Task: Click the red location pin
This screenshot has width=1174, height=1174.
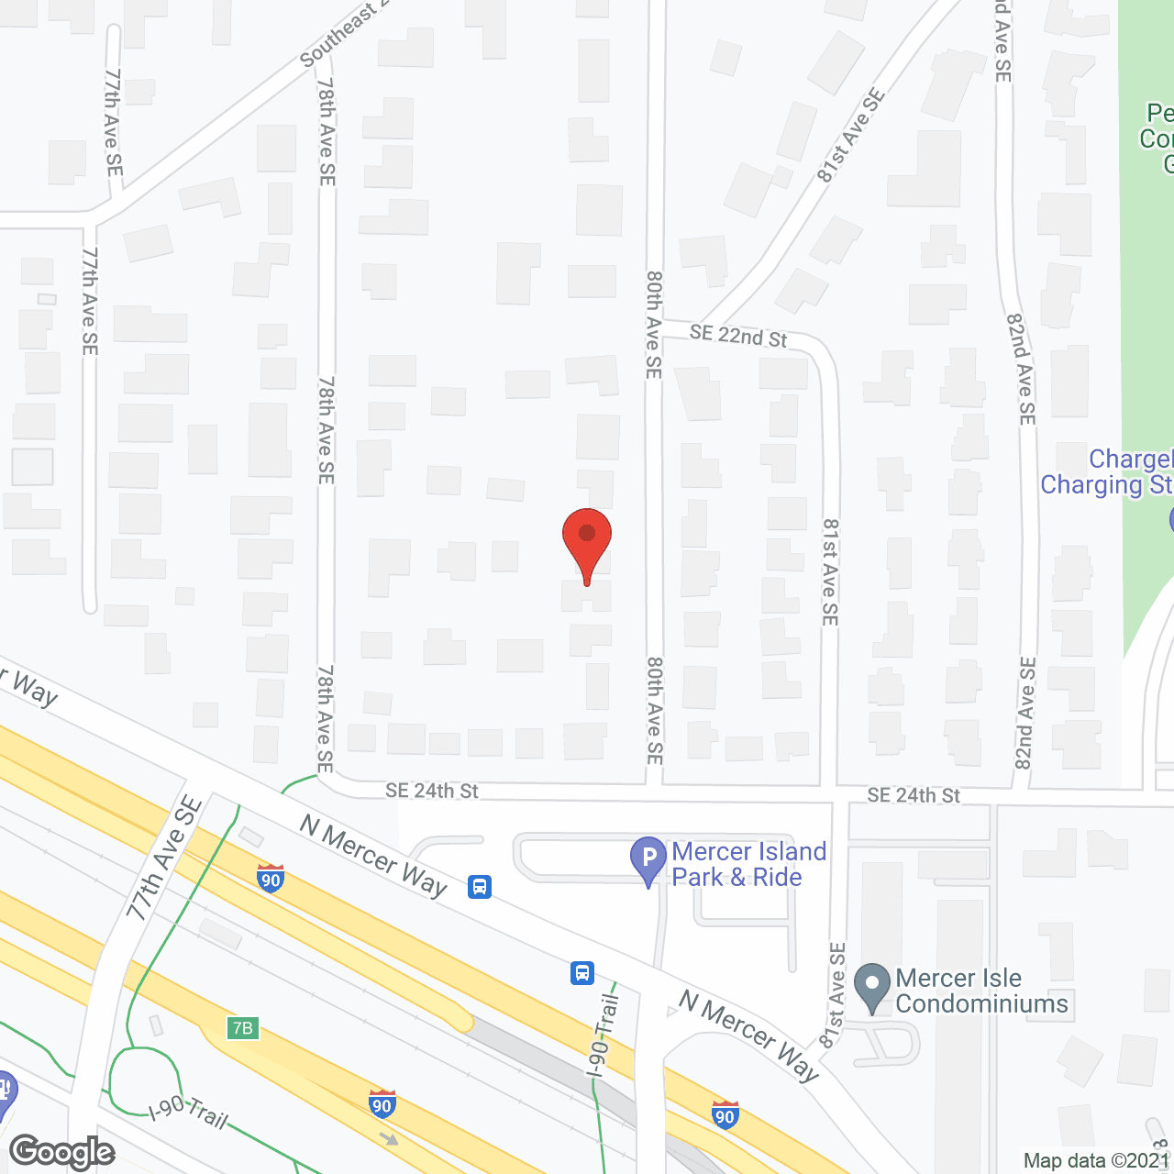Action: point(587,537)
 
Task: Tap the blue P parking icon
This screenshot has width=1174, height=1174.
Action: point(648,859)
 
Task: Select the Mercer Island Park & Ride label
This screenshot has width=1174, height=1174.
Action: point(749,865)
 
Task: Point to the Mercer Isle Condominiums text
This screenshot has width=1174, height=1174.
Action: point(981,991)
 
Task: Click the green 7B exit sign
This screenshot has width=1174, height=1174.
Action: point(242,1027)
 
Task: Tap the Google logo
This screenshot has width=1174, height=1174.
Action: point(62,1152)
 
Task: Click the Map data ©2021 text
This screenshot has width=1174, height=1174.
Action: point(1096,1161)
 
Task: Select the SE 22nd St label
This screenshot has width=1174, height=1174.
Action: point(738,336)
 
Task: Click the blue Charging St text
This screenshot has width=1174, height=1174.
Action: point(1106,484)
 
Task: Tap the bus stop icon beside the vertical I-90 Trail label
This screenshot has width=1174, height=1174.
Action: point(582,972)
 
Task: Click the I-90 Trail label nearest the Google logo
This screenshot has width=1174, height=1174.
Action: point(188,1113)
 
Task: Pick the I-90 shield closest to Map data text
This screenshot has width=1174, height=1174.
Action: point(725,1114)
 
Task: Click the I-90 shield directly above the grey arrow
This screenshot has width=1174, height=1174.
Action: point(382,1103)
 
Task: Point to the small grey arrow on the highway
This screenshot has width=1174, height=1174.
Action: point(391,1139)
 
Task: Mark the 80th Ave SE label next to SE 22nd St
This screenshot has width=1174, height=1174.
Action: point(653,325)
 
